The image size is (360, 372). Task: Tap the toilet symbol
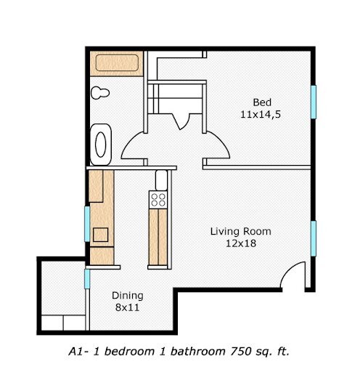coord(99,93)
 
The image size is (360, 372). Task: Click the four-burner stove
coord(157,198)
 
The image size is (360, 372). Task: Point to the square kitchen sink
coord(99,235)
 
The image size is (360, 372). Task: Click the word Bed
coord(261,102)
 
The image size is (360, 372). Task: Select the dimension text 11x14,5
coord(261,114)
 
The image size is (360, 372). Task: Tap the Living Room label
coord(240,232)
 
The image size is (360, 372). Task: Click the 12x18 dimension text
coord(240,244)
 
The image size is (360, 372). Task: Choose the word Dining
coord(127,296)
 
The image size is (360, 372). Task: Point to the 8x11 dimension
coord(127,308)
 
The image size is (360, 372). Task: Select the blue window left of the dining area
coord(87,278)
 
